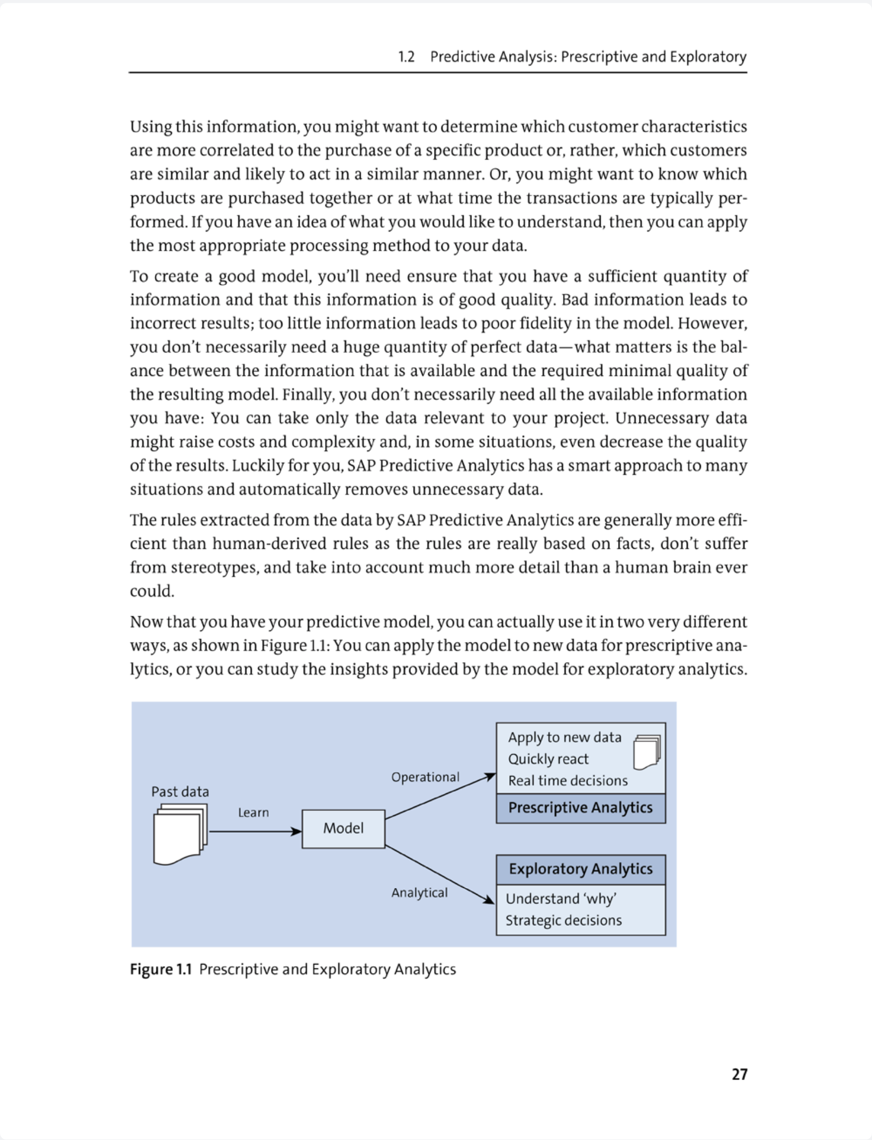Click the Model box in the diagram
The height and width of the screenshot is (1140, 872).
pyautogui.click(x=343, y=828)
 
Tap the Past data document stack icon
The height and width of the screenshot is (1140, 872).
pyautogui.click(x=180, y=834)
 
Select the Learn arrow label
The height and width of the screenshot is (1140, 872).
pyautogui.click(x=253, y=812)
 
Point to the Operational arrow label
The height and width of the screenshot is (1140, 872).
pyautogui.click(x=425, y=777)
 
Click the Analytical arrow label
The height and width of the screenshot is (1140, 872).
pyautogui.click(x=419, y=893)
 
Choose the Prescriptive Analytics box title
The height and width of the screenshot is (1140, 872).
pyautogui.click(x=580, y=808)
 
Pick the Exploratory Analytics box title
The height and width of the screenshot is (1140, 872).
pyautogui.click(x=580, y=869)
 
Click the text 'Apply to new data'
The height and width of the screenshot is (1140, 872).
pyautogui.click(x=565, y=737)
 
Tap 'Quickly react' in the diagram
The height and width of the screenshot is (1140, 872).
pyautogui.click(x=548, y=759)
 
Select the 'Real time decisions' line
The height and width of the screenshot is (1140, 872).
pyautogui.click(x=568, y=781)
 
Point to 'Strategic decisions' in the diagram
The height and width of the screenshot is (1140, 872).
pyautogui.click(x=564, y=920)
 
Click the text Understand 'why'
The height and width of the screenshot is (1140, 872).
pyautogui.click(x=561, y=899)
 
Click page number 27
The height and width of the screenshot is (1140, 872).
pyautogui.click(x=740, y=1074)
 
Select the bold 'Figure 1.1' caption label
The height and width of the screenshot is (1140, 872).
pyautogui.click(x=161, y=969)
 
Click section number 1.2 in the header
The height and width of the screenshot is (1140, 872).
pyautogui.click(x=406, y=57)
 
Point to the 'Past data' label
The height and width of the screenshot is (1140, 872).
pyautogui.click(x=180, y=792)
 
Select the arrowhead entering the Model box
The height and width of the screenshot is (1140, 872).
pyautogui.click(x=296, y=832)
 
